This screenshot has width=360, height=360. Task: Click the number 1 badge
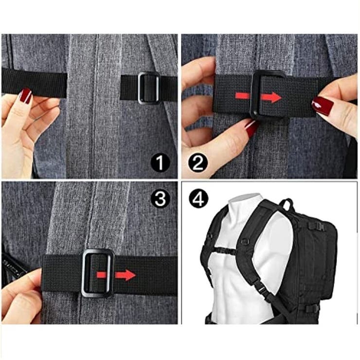[160, 163]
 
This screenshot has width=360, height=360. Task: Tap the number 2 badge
[198, 163]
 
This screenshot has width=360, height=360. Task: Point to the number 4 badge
[198, 199]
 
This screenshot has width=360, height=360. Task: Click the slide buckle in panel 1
[148, 88]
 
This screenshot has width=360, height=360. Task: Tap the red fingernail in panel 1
[26, 96]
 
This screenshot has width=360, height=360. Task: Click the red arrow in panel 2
[258, 97]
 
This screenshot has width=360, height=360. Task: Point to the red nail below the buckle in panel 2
[252, 129]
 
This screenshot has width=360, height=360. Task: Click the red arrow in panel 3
[116, 275]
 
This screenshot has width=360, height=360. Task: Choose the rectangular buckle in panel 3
[98, 273]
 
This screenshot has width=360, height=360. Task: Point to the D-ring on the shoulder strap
[245, 241]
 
